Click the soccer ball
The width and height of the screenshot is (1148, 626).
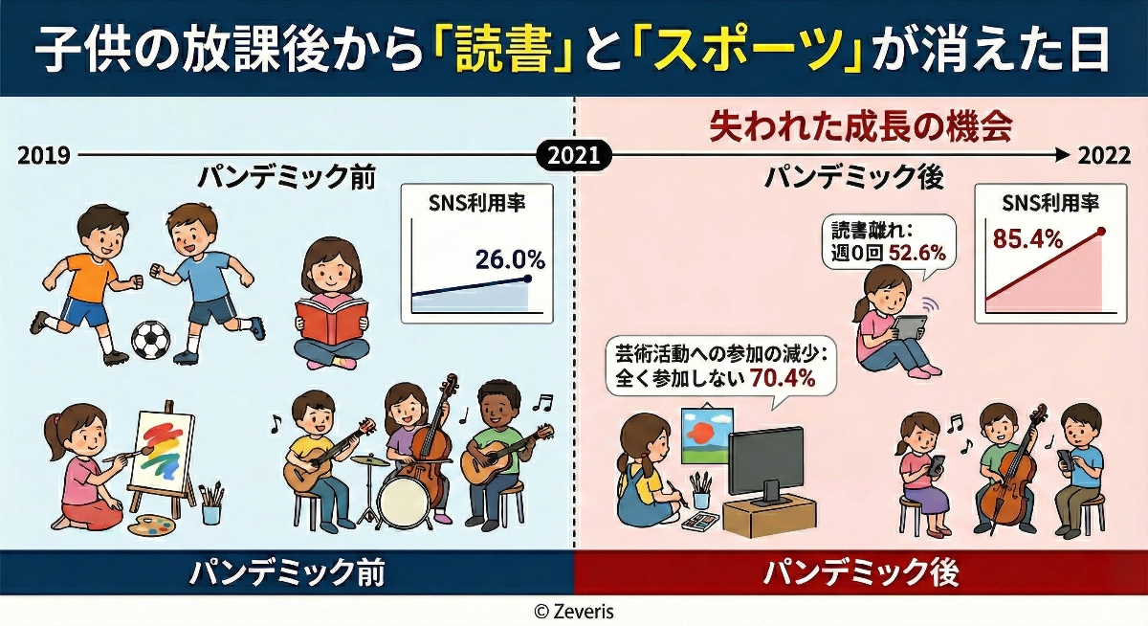click(x=150, y=338)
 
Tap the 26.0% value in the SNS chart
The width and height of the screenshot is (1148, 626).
click(x=510, y=258)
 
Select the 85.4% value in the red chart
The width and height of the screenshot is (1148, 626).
click(x=1028, y=238)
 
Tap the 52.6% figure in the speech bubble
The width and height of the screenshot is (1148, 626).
click(x=916, y=253)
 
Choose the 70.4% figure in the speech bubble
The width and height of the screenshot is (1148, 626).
click(x=784, y=378)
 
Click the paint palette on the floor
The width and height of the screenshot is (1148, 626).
click(x=154, y=525)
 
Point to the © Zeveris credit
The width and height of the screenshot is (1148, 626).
click(x=574, y=610)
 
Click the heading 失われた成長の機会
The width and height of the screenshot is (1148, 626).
click(x=860, y=126)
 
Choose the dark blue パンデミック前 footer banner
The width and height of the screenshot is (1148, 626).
click(x=287, y=572)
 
